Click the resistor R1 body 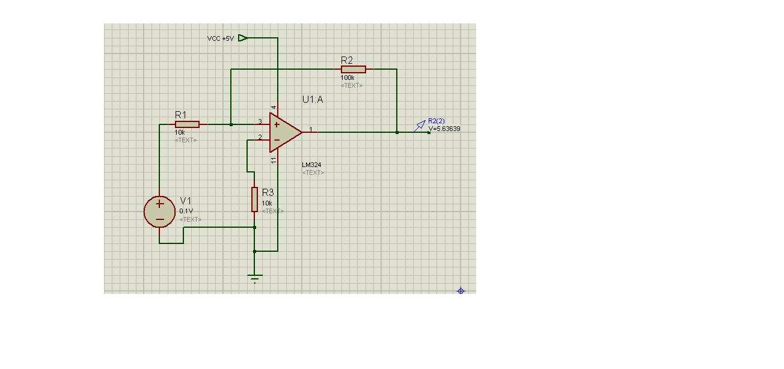pyautogui.click(x=187, y=124)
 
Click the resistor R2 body pyautogui.click(x=353, y=69)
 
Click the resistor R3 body pyautogui.click(x=254, y=199)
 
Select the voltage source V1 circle pyautogui.click(x=159, y=212)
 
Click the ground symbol pyautogui.click(x=255, y=278)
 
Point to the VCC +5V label pyautogui.click(x=221, y=38)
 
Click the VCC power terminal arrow pyautogui.click(x=242, y=38)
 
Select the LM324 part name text pyautogui.click(x=311, y=165)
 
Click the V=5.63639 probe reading pyautogui.click(x=444, y=129)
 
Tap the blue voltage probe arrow pyautogui.click(x=420, y=125)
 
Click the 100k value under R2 pyautogui.click(x=348, y=78)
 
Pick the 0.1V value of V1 pyautogui.click(x=186, y=211)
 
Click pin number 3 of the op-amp pyautogui.click(x=260, y=121)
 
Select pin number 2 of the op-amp pyautogui.click(x=260, y=137)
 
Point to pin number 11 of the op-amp pyautogui.click(x=274, y=160)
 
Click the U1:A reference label pyautogui.click(x=313, y=100)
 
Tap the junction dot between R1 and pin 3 pyautogui.click(x=231, y=124)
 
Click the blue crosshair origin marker pyautogui.click(x=461, y=291)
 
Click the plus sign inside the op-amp pyautogui.click(x=276, y=125)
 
